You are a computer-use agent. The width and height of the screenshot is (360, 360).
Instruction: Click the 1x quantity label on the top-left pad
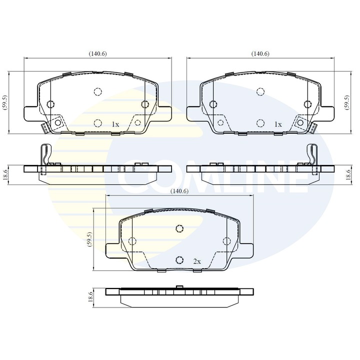[x=115, y=123]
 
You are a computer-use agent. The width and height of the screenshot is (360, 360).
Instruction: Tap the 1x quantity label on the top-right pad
[x=278, y=123]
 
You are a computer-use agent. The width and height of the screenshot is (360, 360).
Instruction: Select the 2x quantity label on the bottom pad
[x=196, y=261]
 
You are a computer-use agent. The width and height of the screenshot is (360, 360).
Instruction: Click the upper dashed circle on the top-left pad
[x=97, y=91]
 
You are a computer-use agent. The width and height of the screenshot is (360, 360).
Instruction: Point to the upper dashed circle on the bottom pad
[x=179, y=229]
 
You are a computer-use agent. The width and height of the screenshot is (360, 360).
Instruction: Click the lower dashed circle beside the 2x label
[x=179, y=260]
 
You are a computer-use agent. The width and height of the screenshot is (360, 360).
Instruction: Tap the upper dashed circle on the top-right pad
[x=260, y=91]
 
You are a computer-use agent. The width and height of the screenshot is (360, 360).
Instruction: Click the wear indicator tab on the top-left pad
[x=44, y=127]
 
